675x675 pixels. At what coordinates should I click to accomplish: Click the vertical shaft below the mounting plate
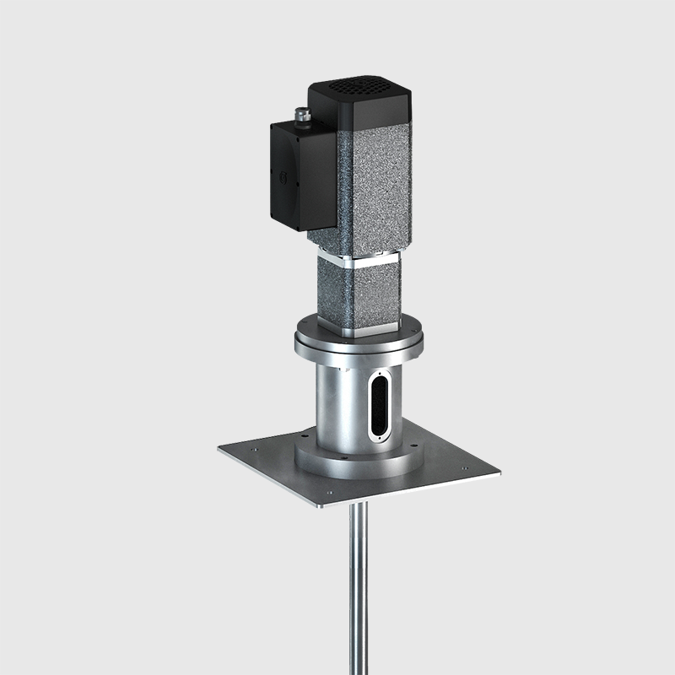[x=358, y=591]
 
